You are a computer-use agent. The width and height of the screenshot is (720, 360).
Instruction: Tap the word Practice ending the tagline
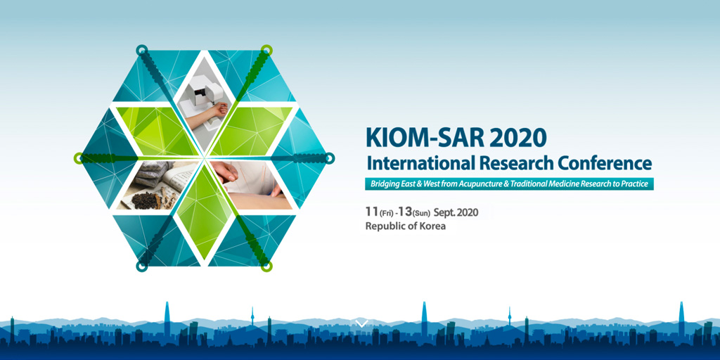click(x=632, y=184)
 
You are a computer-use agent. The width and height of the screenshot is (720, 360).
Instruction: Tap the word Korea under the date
click(x=431, y=226)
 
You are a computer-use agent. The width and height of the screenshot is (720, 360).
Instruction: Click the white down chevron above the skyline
click(x=361, y=323)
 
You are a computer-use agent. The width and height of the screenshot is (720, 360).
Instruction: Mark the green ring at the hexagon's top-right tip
click(x=266, y=50)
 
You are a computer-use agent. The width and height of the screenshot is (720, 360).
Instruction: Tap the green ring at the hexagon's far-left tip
click(x=79, y=158)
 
